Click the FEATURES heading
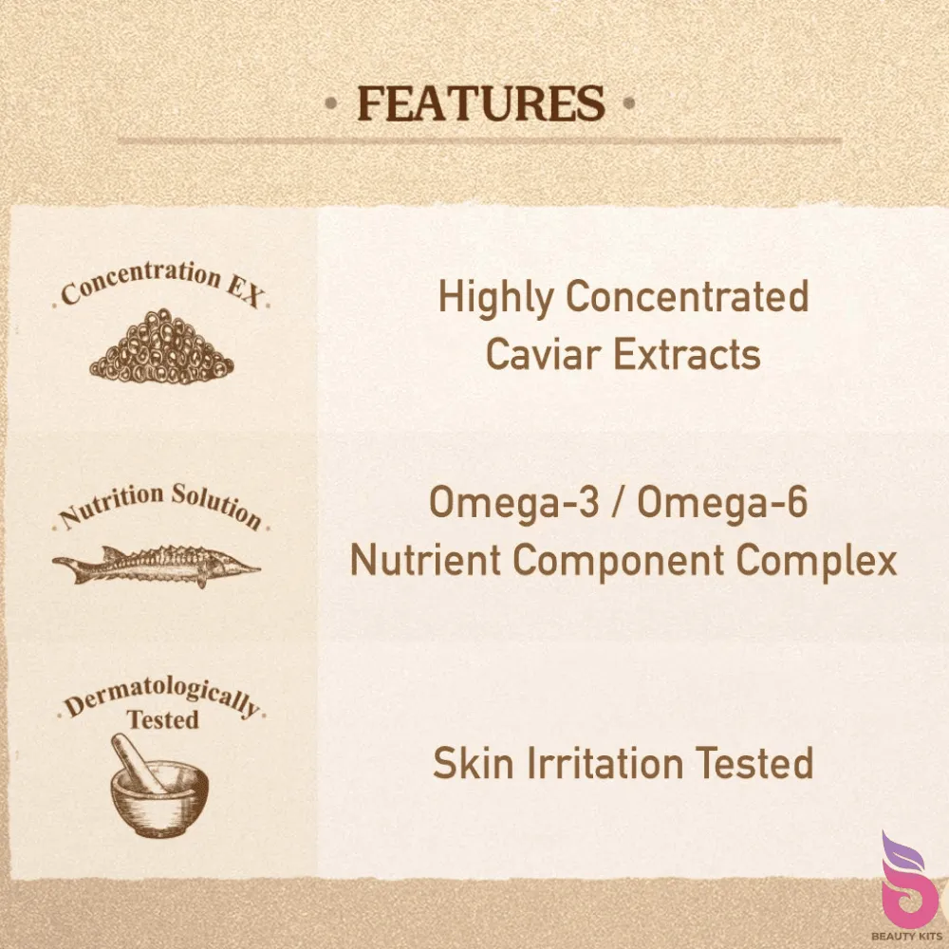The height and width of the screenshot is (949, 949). coord(481,103)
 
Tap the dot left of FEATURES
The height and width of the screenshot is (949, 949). coord(330,102)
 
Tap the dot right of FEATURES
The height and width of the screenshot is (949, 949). coord(629,102)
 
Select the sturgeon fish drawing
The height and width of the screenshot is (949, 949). coord(157,566)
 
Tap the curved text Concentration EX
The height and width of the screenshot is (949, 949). coord(161,283)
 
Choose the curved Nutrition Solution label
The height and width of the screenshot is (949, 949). coord(160,506)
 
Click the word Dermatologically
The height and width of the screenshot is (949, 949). coord(162,697)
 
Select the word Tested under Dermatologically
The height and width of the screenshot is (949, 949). coord(163,719)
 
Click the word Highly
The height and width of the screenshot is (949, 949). coord(496,298)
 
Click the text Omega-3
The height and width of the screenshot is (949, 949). coord(513,504)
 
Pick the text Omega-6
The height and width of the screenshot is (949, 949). coord(722,504)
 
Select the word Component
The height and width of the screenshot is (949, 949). coord(618,561)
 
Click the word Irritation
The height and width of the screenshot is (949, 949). coord(605,763)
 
